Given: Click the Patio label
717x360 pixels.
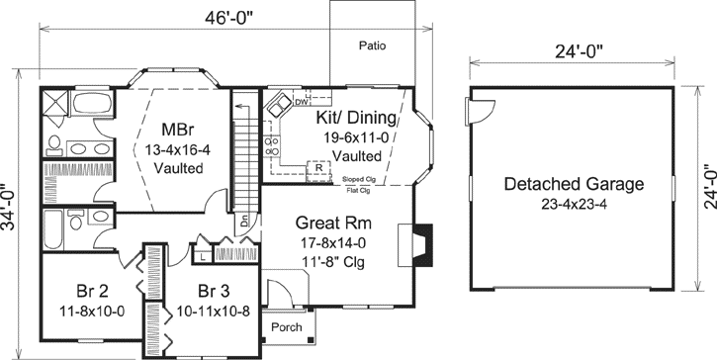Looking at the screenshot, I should coord(372,45).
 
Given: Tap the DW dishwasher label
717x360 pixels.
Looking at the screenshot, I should coord(302,101).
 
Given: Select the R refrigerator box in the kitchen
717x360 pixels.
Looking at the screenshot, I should coord(319,167).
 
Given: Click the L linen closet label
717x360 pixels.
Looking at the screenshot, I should coord(202,256).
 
